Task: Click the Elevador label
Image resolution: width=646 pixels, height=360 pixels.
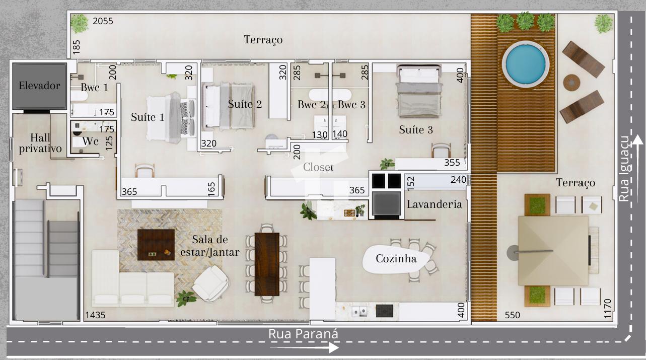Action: [x=39, y=86]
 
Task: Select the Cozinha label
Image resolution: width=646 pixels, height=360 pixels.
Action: [x=396, y=258]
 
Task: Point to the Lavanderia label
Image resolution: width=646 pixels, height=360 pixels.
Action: [x=435, y=204]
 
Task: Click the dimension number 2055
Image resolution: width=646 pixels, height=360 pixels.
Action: [x=103, y=21]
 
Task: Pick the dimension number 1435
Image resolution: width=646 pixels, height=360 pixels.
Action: [x=95, y=315]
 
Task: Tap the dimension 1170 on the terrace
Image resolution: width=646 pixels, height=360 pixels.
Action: [x=607, y=309]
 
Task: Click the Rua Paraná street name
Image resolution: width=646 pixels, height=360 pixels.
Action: [x=303, y=334]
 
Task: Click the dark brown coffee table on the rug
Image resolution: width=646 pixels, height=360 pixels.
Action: [x=156, y=245]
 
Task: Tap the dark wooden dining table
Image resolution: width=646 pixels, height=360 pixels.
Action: [x=267, y=264]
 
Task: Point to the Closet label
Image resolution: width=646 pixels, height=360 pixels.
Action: [x=318, y=167]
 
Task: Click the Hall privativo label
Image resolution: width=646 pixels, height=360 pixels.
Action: [x=40, y=143]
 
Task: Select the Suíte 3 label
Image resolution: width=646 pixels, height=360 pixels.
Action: [x=416, y=130]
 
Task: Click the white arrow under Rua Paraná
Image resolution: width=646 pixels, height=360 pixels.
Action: [x=304, y=347]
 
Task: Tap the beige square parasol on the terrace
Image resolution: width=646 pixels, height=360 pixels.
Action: [x=553, y=251]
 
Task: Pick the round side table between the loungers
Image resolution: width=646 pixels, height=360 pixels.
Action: [x=571, y=83]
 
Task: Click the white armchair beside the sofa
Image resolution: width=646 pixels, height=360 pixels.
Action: [x=210, y=283]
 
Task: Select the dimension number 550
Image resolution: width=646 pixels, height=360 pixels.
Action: [x=513, y=315]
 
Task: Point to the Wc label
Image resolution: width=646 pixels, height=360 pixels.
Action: [x=90, y=141]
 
